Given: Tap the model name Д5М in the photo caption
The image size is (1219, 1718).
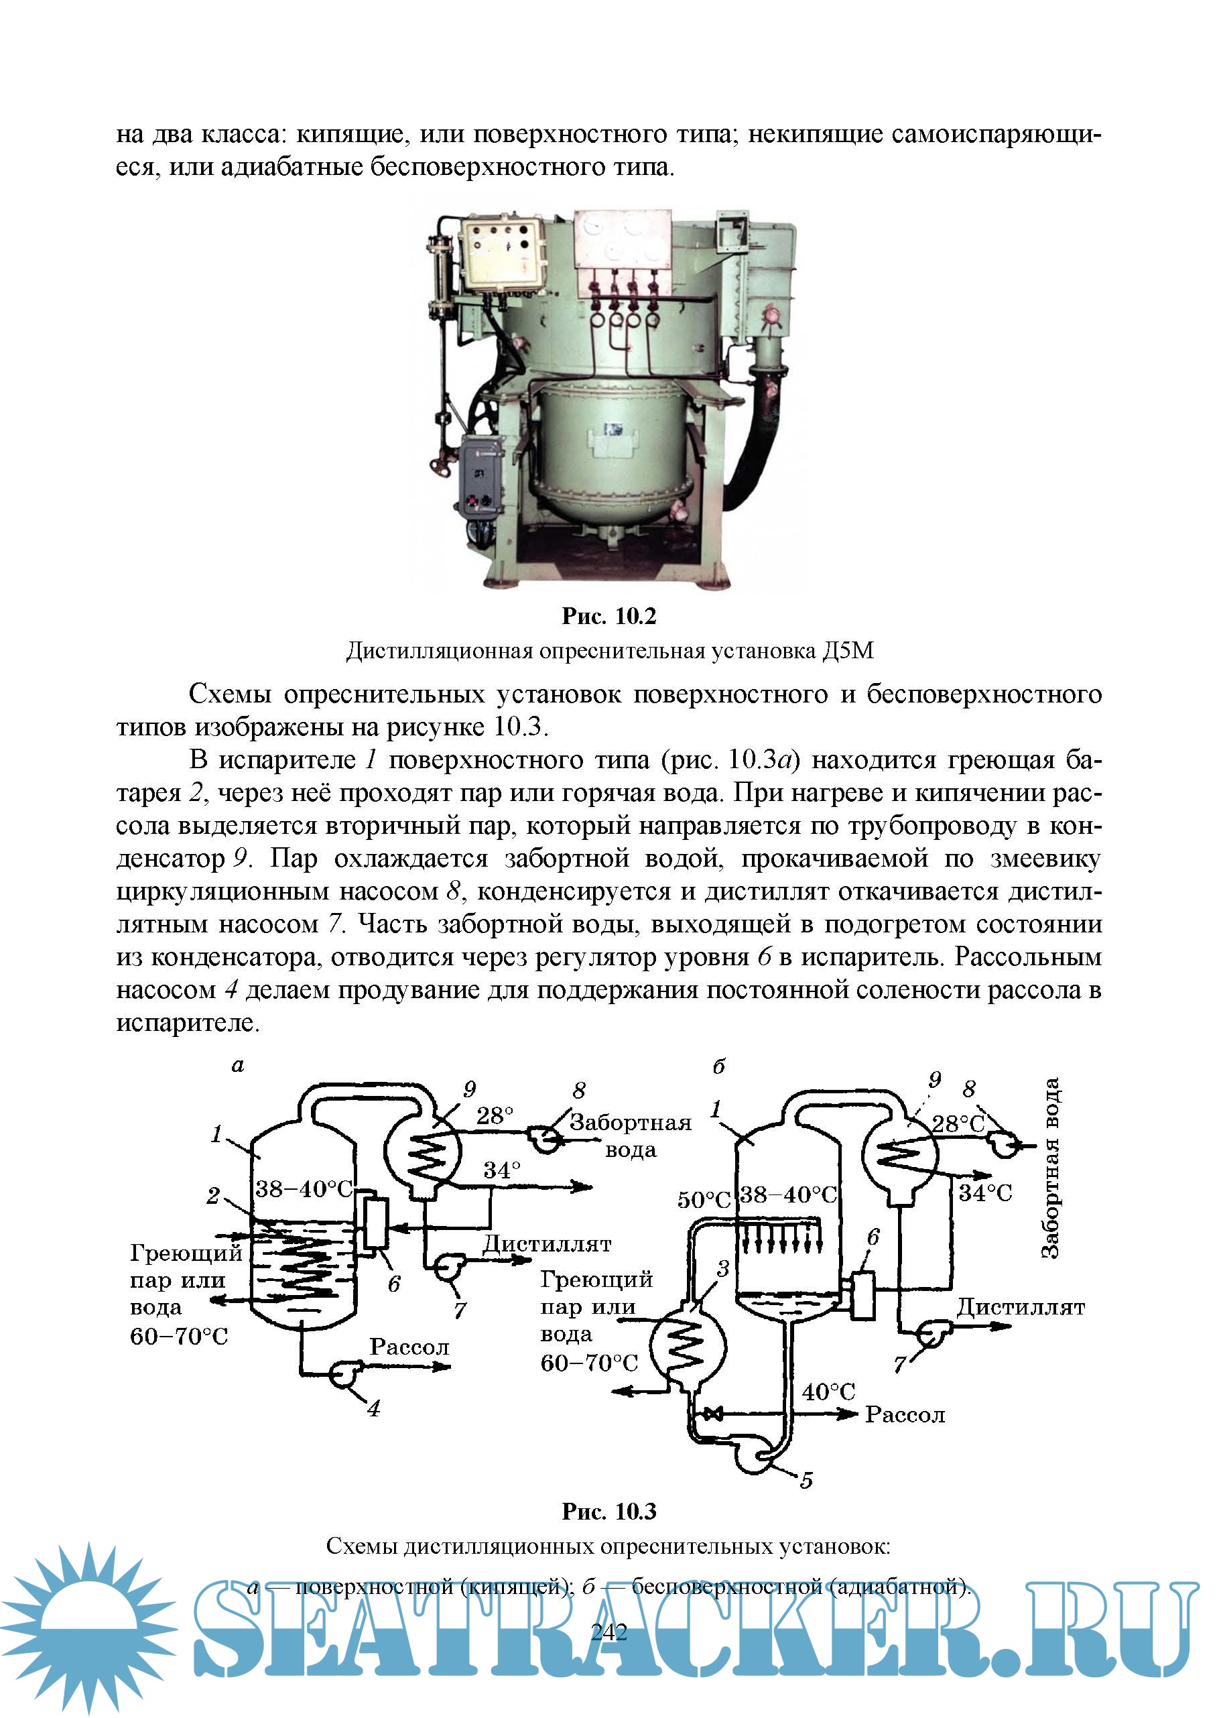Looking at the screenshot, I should point(848,650).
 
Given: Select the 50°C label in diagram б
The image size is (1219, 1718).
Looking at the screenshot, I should point(704,1199).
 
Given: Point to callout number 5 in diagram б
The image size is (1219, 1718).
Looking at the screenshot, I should point(806,1480).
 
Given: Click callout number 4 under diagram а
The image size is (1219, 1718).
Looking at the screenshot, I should point(373,1408).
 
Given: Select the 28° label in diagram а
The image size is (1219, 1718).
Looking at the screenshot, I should point(495,1116).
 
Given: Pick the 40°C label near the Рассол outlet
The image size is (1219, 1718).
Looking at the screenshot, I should point(828,1392).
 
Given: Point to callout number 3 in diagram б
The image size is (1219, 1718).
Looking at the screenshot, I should point(722,1269).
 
